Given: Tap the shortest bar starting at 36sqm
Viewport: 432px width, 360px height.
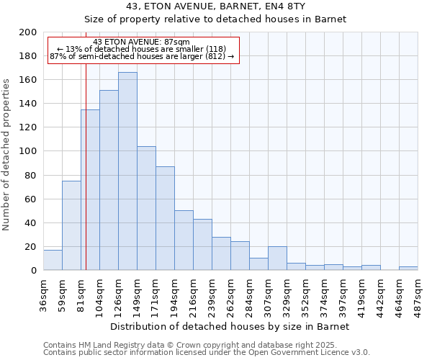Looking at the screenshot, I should pos(53,260).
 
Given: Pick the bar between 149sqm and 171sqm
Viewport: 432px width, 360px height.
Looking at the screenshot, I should pos(146,208).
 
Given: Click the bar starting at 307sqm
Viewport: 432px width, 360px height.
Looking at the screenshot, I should pos(277,258).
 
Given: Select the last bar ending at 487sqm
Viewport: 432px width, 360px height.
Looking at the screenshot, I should pos(408,269).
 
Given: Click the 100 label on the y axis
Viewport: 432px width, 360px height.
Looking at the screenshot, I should pos(29,151).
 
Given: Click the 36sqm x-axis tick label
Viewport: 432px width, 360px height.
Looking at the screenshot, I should pos(44,292).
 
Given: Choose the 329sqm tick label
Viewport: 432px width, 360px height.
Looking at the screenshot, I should pos(287,294).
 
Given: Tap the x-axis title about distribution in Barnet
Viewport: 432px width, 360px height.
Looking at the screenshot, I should pos(230,327).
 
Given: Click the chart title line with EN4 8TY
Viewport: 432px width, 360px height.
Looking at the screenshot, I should pos(216,6).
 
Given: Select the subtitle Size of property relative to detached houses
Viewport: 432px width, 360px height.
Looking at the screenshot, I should pos(216,19).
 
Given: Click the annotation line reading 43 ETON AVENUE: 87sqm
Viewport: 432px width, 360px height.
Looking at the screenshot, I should pos(142,42).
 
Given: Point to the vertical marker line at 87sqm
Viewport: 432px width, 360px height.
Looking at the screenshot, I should pos(86,180).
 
